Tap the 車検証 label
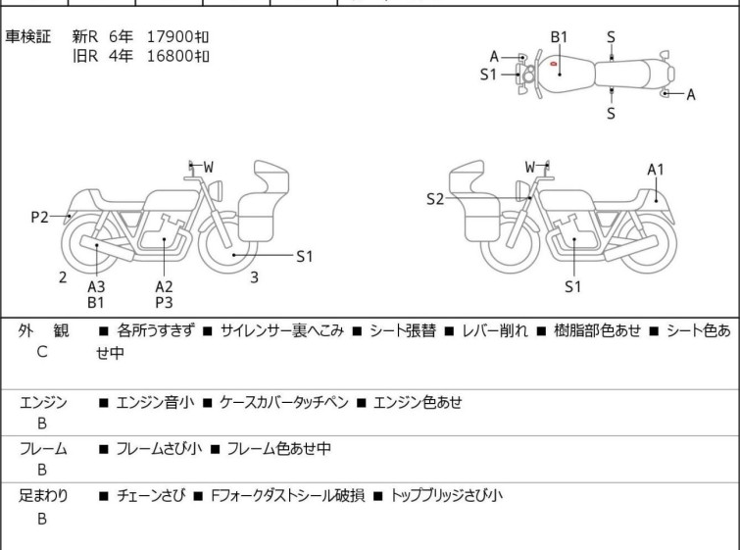(28, 37)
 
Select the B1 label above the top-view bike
(559, 37)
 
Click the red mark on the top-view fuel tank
(555, 65)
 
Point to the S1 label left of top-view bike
(489, 74)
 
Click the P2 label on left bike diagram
(39, 218)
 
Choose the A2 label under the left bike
(164, 286)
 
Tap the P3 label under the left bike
(164, 303)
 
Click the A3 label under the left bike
(96, 286)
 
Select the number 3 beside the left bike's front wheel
(254, 277)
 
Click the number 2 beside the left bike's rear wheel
(63, 277)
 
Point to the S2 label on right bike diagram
(435, 200)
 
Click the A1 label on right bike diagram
(656, 170)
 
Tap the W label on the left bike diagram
(208, 168)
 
